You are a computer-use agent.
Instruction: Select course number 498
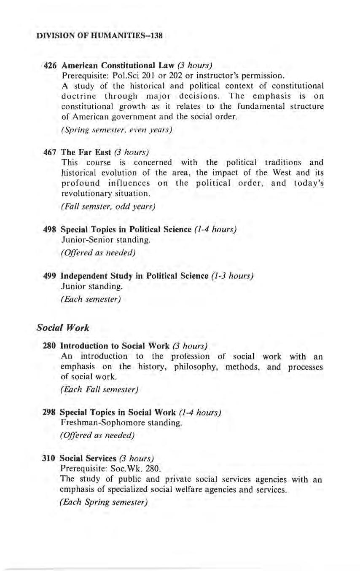tap(50, 230)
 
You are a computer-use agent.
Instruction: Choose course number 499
tap(50, 276)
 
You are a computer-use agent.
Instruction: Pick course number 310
tap(50, 458)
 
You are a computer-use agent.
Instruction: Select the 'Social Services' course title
tap(88, 458)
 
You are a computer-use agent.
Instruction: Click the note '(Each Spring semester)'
tap(104, 502)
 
